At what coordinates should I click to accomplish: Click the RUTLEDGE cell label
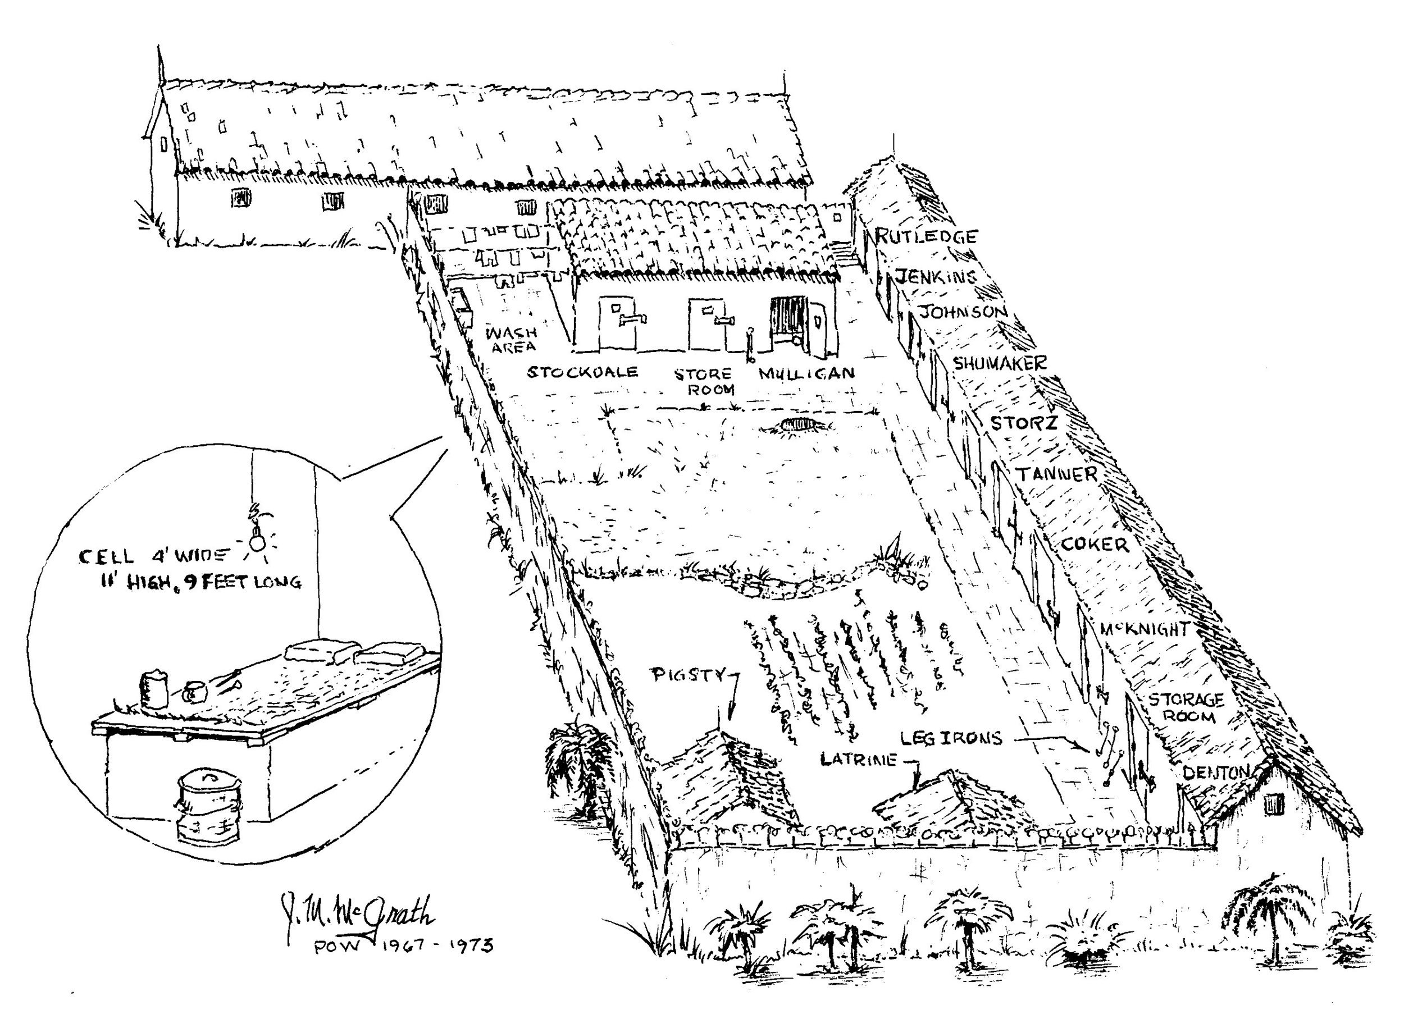tap(925, 236)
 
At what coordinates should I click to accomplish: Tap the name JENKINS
tap(936, 276)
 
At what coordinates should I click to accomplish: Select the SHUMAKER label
tap(999, 363)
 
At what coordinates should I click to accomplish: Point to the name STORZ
tap(1023, 423)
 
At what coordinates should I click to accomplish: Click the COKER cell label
tap(1095, 544)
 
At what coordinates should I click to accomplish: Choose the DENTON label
tap(1216, 773)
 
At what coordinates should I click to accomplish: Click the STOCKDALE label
tap(582, 372)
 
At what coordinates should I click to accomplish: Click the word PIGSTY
tap(689, 675)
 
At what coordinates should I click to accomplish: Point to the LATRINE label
tap(858, 759)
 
